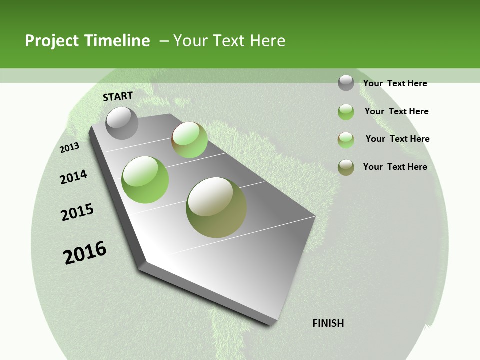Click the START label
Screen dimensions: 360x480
pyautogui.click(x=118, y=96)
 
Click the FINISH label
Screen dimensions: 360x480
pyautogui.click(x=328, y=323)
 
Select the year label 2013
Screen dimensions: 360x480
pyautogui.click(x=70, y=147)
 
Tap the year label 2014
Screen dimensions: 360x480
pyautogui.click(x=74, y=177)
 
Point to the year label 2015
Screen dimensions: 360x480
pyautogui.click(x=77, y=212)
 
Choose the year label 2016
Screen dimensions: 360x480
pyautogui.click(x=85, y=253)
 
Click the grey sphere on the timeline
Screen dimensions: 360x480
pyautogui.click(x=122, y=123)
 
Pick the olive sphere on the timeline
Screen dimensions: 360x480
pyautogui.click(x=216, y=207)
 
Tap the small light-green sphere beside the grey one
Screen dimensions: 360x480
pyautogui.click(x=189, y=140)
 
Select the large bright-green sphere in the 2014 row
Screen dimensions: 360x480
pyautogui.click(x=145, y=180)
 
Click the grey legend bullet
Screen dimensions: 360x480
pyautogui.click(x=346, y=83)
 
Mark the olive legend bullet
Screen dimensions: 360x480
pyautogui.click(x=346, y=167)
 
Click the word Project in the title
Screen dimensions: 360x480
pyautogui.click(x=52, y=41)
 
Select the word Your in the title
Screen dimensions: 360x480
pyautogui.click(x=189, y=41)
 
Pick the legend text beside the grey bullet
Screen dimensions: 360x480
pyautogui.click(x=395, y=83)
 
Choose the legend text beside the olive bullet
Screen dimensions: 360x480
pyautogui.click(x=395, y=167)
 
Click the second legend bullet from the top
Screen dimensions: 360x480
pyautogui.click(x=346, y=112)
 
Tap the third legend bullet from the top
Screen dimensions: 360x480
pyautogui.click(x=346, y=140)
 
